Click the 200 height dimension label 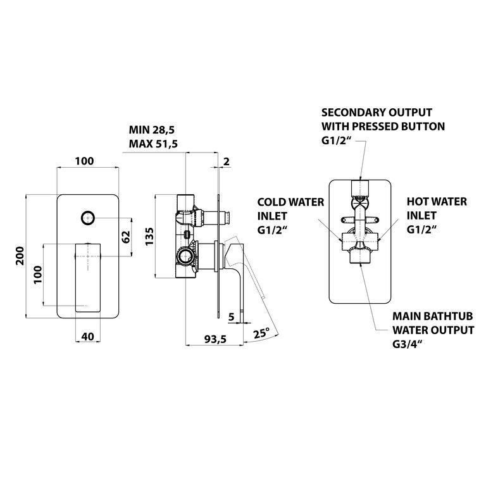(x=20, y=256)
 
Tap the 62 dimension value (x=126, y=237)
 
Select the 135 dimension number (x=149, y=236)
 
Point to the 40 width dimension (x=88, y=336)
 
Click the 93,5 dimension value (x=215, y=339)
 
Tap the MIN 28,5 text (x=152, y=130)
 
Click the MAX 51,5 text (x=153, y=144)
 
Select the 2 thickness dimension (x=227, y=161)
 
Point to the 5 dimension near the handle (x=231, y=317)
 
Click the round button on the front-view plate (x=88, y=218)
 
